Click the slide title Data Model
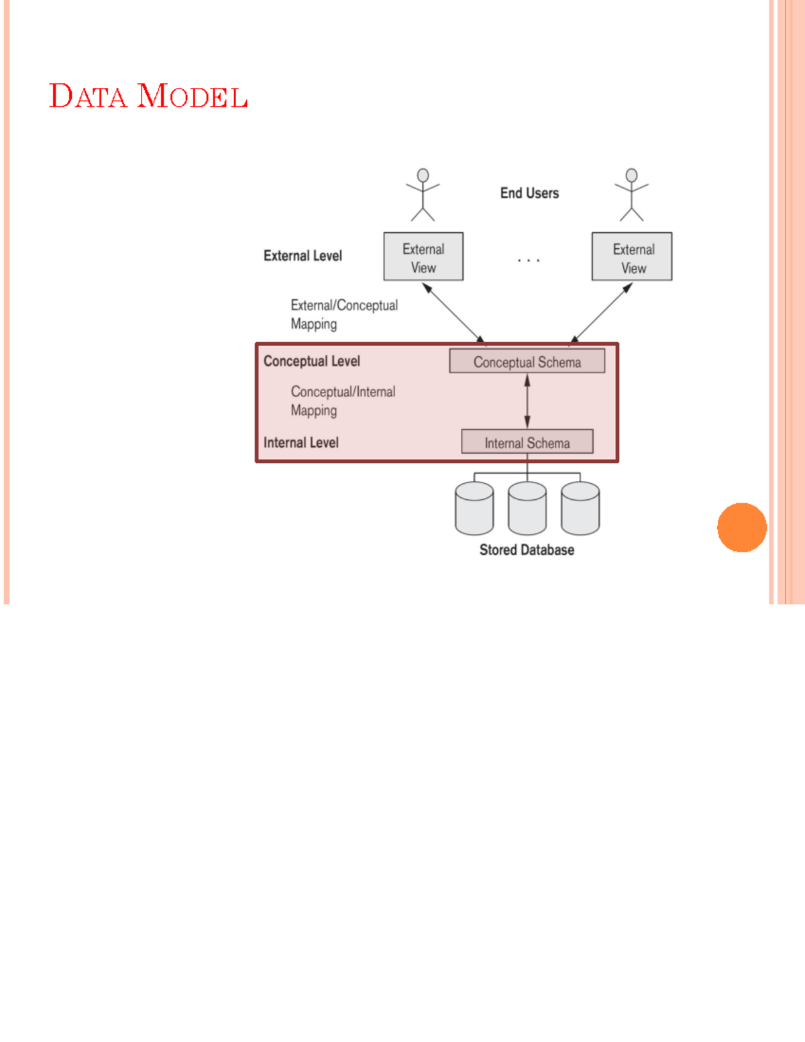click(148, 96)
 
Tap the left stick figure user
click(423, 195)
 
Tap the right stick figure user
click(631, 195)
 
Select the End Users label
click(529, 193)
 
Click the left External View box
click(423, 257)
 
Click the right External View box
click(632, 257)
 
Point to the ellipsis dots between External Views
click(529, 260)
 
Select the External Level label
click(303, 256)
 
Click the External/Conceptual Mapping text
click(343, 315)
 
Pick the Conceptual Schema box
click(527, 362)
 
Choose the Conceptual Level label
click(311, 361)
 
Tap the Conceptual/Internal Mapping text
click(342, 401)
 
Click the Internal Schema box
click(527, 442)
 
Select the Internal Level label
click(301, 443)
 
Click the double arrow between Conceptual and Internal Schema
click(527, 401)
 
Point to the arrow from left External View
click(453, 313)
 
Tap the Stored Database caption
click(527, 550)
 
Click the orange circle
click(741, 527)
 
